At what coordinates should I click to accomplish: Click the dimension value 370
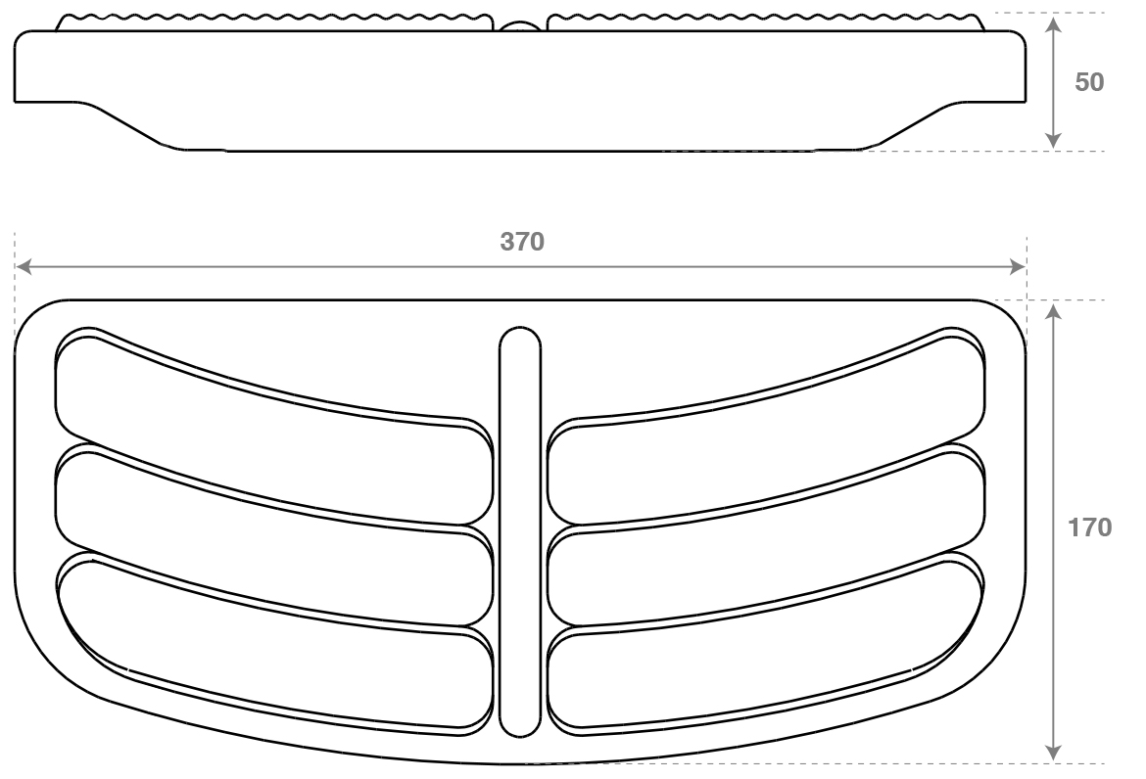(x=521, y=242)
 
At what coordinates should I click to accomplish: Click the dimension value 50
(x=1089, y=82)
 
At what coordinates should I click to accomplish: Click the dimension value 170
(x=1089, y=527)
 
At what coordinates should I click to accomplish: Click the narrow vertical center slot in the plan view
(x=520, y=533)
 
